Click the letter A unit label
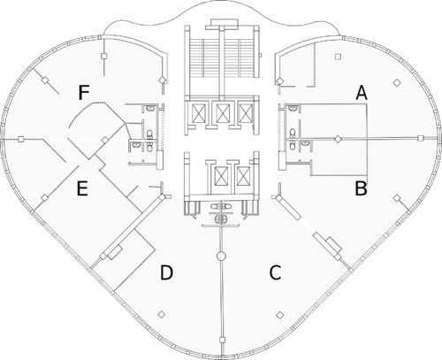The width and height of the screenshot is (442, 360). (362, 93)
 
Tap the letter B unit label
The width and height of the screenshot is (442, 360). (361, 188)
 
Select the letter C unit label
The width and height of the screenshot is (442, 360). (275, 272)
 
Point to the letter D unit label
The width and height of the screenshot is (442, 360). (166, 272)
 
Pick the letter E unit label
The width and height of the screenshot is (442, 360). (82, 188)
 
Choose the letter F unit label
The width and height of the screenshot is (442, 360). (84, 93)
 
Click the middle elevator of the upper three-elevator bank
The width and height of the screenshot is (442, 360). (221, 113)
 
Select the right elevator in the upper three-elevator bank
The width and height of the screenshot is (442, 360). (245, 113)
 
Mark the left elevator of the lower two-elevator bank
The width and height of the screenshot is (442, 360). (221, 176)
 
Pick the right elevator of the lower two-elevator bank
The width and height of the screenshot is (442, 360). (243, 176)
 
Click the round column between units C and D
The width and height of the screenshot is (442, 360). (221, 256)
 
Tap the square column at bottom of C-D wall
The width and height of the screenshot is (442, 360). (222, 341)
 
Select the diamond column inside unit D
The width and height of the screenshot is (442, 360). (161, 315)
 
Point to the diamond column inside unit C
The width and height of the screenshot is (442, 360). (280, 315)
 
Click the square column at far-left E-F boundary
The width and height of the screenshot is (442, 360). (20, 139)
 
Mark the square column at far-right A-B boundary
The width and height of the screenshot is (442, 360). (421, 138)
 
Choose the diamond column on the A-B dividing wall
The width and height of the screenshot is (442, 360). (338, 139)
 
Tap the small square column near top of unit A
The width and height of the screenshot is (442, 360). (338, 57)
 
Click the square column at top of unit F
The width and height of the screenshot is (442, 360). (103, 56)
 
